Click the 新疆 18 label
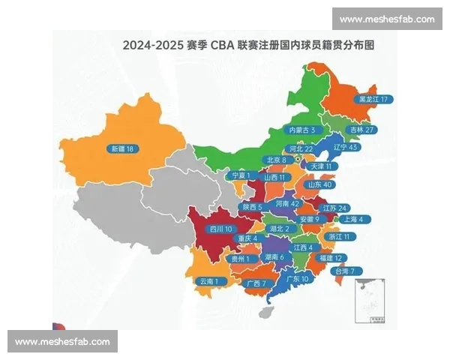[x=121, y=148]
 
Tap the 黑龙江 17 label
[x=376, y=99]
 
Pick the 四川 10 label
[x=221, y=229]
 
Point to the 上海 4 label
[x=352, y=220]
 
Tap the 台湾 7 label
[x=349, y=271]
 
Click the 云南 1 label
[x=209, y=281]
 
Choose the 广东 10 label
[x=298, y=279]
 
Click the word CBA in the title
[x=222, y=45]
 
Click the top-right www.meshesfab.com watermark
[x=387, y=19]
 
